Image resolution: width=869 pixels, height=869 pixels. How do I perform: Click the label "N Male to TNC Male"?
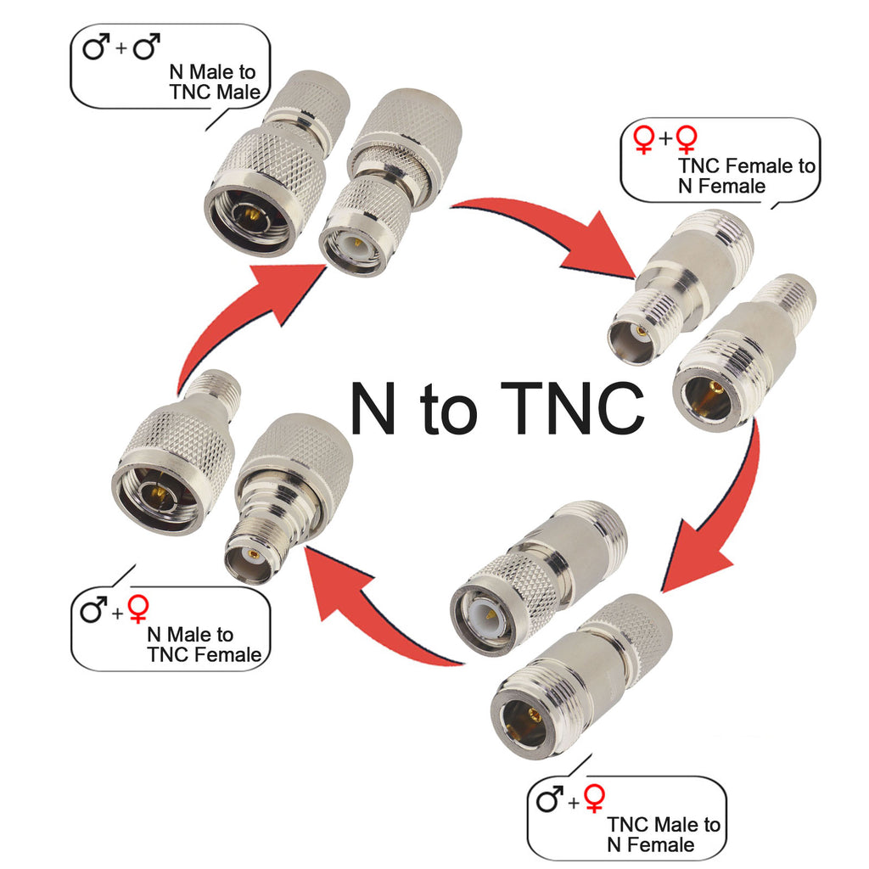click(x=215, y=82)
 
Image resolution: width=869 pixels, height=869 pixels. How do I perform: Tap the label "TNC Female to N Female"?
click(x=747, y=176)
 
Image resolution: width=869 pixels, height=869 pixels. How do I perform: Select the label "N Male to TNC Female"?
click(x=204, y=645)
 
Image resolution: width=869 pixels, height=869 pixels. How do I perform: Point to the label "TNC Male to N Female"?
click(x=664, y=835)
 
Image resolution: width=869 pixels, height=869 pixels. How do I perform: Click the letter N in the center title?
click(x=373, y=408)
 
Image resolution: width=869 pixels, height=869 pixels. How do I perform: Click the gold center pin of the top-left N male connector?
click(x=249, y=214)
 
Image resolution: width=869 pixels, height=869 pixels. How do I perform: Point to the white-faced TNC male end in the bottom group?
click(x=488, y=616)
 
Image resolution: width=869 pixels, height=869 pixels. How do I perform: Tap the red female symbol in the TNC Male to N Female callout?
click(x=594, y=799)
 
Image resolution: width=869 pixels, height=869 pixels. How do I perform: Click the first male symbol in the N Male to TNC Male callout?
click(x=96, y=47)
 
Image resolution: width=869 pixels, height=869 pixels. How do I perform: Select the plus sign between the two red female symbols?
click(x=665, y=137)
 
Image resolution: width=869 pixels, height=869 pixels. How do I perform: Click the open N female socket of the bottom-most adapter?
click(x=523, y=720)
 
